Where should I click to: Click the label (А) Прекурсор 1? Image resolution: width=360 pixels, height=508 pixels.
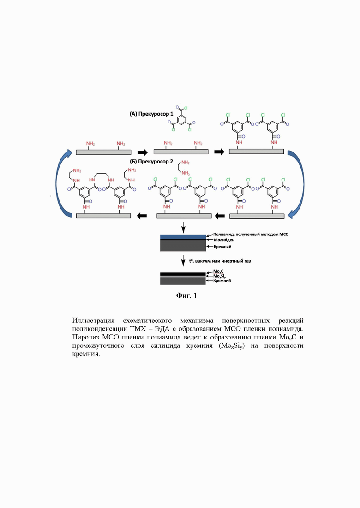(151, 114)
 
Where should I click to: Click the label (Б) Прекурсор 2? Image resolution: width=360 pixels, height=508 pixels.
(151, 161)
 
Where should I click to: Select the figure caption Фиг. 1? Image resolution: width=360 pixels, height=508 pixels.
(186, 296)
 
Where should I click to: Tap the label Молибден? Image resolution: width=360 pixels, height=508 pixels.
(224, 240)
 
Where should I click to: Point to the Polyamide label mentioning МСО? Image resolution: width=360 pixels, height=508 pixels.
(251, 234)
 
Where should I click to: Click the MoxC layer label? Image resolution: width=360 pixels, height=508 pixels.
(218, 271)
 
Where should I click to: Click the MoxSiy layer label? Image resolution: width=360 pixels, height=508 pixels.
(219, 276)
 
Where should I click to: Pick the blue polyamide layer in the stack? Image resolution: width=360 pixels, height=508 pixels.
(183, 237)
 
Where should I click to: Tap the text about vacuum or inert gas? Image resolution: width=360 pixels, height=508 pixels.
(220, 261)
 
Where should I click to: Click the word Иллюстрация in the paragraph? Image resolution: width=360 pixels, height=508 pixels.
(93, 321)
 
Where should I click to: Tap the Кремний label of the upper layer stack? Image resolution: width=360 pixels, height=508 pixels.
(222, 247)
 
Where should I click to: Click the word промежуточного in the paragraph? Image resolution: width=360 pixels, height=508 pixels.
(98, 346)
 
